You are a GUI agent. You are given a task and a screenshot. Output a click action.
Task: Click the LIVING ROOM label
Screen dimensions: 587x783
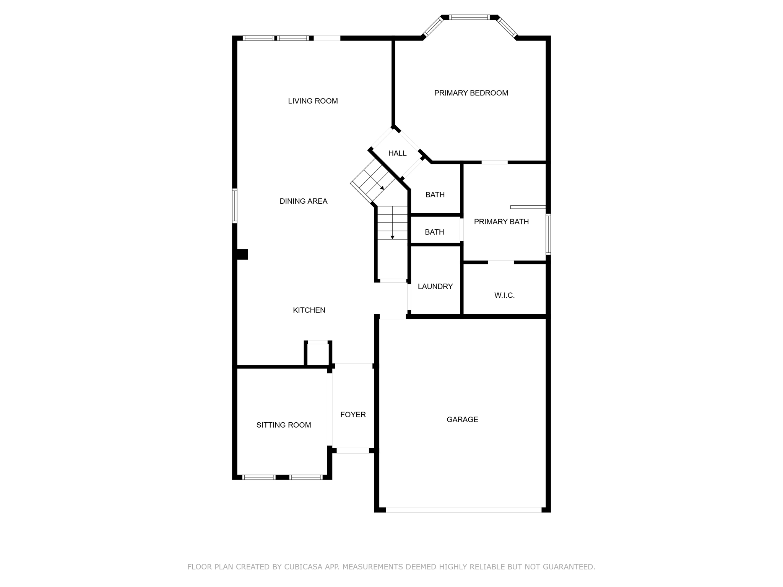313,101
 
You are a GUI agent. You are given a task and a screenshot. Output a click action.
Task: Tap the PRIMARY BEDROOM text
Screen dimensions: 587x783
471,93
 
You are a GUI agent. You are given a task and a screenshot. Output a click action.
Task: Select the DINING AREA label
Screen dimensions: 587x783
303,201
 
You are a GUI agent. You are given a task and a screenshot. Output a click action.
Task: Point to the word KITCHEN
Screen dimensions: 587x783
309,310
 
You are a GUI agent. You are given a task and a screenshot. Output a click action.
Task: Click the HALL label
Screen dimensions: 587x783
397,153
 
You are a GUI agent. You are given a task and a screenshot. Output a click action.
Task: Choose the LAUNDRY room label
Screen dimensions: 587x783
435,286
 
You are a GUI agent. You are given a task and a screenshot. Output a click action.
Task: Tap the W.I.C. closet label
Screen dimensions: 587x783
504,295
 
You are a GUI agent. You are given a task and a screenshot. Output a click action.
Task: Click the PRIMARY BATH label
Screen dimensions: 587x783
501,222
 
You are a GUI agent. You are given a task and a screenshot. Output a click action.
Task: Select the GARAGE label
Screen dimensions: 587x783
462,419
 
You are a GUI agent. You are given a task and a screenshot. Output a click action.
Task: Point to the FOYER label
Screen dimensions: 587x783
353,415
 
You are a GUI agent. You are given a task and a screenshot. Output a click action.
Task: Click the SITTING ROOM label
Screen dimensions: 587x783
284,425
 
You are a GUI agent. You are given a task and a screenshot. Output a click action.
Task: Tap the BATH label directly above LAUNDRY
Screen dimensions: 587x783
434,232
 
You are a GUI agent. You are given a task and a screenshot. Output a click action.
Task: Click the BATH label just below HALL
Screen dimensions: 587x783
435,195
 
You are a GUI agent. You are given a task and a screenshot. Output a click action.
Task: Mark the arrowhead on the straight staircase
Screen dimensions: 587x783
392,237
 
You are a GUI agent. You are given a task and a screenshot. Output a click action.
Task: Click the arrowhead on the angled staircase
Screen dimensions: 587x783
382,188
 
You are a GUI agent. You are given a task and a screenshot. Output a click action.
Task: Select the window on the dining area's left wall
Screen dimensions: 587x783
235,206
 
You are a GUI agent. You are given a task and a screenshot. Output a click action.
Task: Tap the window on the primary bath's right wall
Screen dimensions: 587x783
548,234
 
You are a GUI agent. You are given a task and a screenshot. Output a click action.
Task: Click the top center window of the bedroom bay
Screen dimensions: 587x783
469,17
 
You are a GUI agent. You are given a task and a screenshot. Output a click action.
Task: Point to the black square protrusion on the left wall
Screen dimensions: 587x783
242,254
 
